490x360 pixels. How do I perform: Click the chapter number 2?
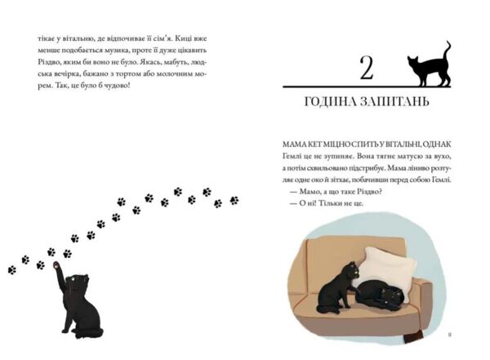tap(366, 69)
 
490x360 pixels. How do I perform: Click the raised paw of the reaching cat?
tap(55, 265)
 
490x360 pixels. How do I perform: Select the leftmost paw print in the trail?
tap(11, 269)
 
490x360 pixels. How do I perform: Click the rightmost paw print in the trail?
tap(234, 200)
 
